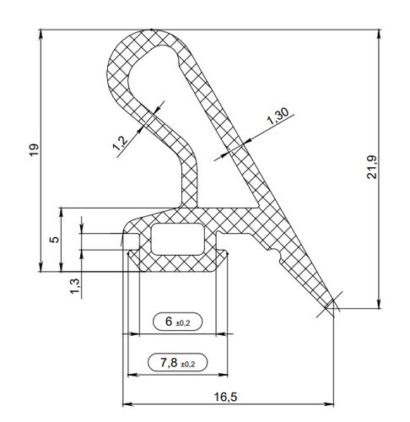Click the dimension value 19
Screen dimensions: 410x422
point(34,149)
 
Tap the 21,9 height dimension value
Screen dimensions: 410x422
point(372,167)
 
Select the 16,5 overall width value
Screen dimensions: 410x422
point(225,397)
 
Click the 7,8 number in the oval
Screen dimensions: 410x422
point(169,363)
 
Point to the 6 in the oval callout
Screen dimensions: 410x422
point(169,321)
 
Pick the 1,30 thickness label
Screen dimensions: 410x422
point(278,116)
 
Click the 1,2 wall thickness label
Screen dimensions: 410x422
point(121,143)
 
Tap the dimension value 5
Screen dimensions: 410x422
point(55,239)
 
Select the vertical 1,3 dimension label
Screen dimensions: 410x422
point(75,286)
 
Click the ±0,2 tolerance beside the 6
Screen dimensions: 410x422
point(183,323)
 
